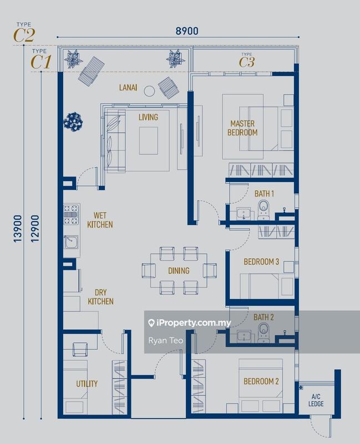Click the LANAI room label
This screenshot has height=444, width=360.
click(x=128, y=87)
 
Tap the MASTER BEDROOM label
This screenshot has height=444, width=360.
click(x=242, y=128)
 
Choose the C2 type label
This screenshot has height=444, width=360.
click(x=24, y=35)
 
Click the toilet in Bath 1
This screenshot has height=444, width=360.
click(x=264, y=209)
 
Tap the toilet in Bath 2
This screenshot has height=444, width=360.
click(x=264, y=332)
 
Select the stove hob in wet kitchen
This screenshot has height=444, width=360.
click(x=70, y=215)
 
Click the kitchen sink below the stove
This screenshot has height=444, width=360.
click(x=70, y=243)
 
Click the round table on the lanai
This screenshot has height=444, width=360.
click(x=149, y=90)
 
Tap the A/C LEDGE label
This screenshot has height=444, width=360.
click(x=316, y=400)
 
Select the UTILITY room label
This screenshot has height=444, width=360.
click(x=87, y=384)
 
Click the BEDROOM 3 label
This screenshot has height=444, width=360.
click(x=261, y=261)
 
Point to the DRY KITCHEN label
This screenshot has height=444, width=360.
click(x=100, y=296)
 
